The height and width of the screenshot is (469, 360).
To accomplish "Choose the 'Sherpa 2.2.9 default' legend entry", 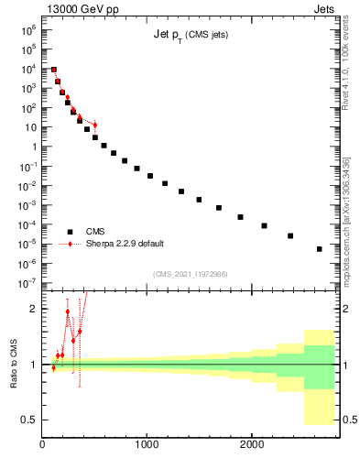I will tap(125, 244).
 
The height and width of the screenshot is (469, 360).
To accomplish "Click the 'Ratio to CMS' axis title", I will tap(14, 365).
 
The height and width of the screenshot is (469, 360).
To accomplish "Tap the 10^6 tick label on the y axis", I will tap(28, 29).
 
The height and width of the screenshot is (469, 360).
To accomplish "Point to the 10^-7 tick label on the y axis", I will tap(28, 283).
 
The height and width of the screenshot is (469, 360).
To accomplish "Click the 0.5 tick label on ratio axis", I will tap(29, 420).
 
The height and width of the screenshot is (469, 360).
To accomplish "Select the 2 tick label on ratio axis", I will tap(34, 309).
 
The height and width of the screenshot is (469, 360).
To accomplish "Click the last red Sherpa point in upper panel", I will tap(94, 125).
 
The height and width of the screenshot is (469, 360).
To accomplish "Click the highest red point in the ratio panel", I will tap(68, 311).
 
